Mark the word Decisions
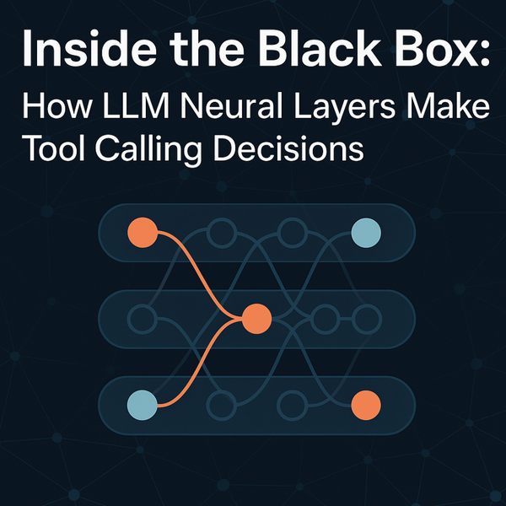[x=291, y=150]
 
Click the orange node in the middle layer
[x=256, y=318]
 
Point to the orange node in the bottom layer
[x=365, y=405]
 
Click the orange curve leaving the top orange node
[x=192, y=261]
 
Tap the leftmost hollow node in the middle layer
[x=141, y=318]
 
